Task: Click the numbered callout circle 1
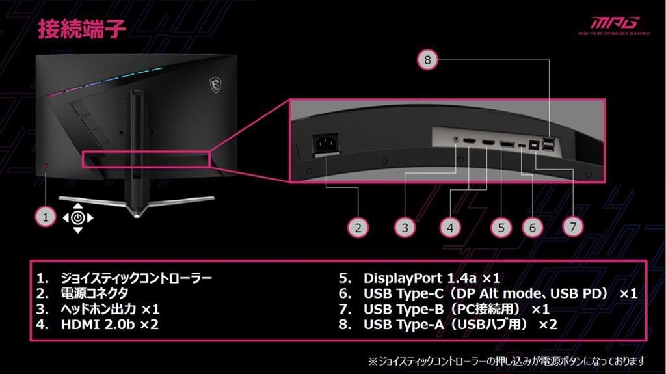(46, 217)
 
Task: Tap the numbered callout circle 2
(358, 228)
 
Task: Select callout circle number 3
(405, 228)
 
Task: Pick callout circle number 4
(450, 228)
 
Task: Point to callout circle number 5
(501, 228)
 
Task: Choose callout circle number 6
(533, 228)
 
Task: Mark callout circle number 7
(573, 226)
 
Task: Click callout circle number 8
(428, 60)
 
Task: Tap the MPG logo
(615, 25)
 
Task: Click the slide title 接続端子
(82, 29)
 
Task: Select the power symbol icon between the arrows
(78, 218)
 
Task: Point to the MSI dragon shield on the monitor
(215, 85)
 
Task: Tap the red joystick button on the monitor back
(46, 165)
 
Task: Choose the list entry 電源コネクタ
(94, 293)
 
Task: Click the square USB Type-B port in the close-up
(534, 145)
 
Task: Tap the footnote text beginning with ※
(507, 361)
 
